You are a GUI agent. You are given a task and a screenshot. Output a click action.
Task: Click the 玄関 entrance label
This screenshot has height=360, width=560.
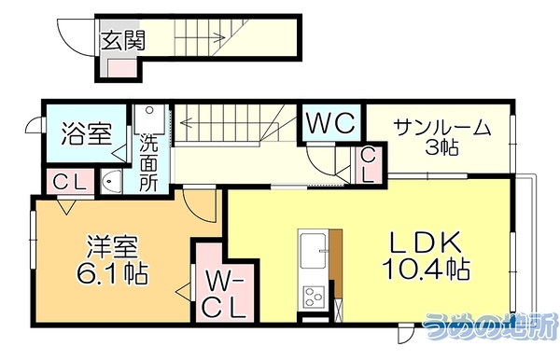(123, 40)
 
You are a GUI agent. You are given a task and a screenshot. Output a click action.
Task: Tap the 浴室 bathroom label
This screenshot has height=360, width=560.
(87, 133)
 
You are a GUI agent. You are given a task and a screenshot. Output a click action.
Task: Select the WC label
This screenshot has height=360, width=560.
(331, 123)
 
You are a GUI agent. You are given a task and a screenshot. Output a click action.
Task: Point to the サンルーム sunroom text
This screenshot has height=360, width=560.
(442, 128)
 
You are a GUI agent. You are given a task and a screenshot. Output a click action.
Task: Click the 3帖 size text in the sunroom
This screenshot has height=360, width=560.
(441, 147)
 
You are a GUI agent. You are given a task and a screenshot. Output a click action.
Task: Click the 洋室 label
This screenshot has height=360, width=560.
(112, 246)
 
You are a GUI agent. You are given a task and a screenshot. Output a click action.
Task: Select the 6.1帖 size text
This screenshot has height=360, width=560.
(112, 273)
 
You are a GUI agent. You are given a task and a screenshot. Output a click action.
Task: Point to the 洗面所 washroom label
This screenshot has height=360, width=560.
(147, 162)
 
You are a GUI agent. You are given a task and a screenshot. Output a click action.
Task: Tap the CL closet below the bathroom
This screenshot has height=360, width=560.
(70, 183)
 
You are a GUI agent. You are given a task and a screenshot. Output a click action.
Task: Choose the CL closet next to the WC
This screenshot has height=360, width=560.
(369, 165)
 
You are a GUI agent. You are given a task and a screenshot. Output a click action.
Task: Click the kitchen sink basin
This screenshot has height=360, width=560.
(314, 251)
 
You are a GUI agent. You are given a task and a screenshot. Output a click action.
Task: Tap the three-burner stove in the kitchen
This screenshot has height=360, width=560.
(314, 297)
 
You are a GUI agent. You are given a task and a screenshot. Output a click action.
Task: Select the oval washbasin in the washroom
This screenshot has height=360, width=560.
(111, 182)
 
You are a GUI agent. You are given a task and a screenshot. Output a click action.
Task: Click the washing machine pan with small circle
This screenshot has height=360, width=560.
(150, 119)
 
